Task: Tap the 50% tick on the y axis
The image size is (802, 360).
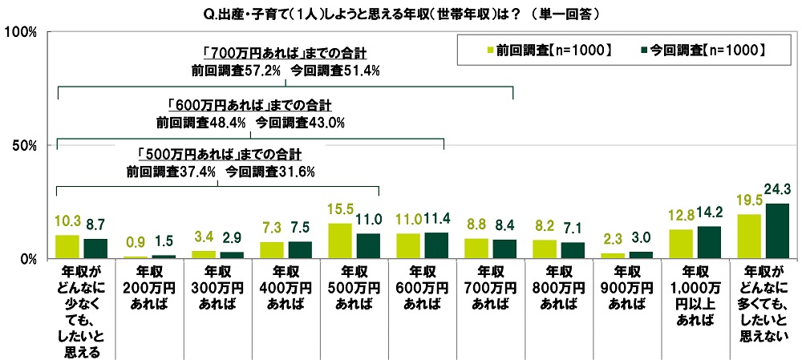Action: pyautogui.click(x=26, y=145)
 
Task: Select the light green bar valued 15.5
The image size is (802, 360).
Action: pyautogui.click(x=342, y=241)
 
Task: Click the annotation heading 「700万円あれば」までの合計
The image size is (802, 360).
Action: pyautogui.click(x=285, y=54)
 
